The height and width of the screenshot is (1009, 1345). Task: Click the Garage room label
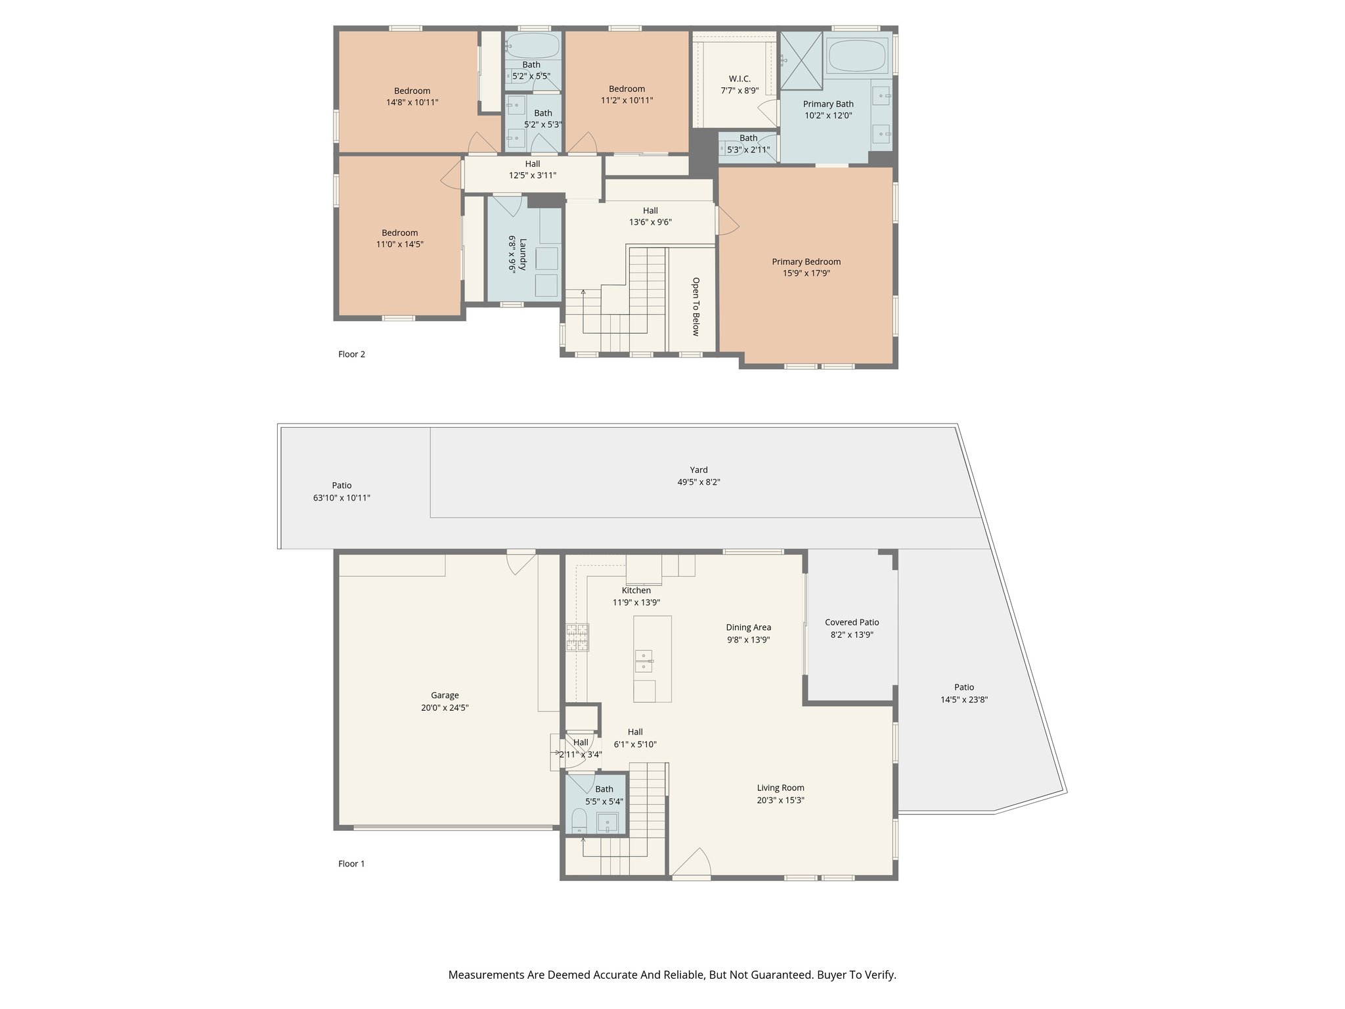pyautogui.click(x=445, y=695)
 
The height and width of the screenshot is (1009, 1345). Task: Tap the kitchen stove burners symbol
pyautogui.click(x=577, y=637)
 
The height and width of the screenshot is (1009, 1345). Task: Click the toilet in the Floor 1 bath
pyautogui.click(x=579, y=820)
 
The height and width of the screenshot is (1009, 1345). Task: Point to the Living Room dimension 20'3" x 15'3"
pyautogui.click(x=780, y=800)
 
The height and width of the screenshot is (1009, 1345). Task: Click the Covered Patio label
pyautogui.click(x=852, y=622)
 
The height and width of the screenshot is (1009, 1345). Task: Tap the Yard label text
pyautogui.click(x=699, y=470)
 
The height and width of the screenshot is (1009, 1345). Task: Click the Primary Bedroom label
pyautogui.click(x=806, y=261)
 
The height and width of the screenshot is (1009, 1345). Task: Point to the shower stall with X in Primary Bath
pyautogui.click(x=801, y=60)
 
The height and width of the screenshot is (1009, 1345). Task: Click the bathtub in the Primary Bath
pyautogui.click(x=857, y=55)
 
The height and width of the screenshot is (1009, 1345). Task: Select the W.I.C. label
pyautogui.click(x=739, y=79)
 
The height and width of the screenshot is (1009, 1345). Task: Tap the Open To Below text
pyautogui.click(x=695, y=306)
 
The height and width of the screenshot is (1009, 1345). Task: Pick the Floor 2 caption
pyautogui.click(x=351, y=354)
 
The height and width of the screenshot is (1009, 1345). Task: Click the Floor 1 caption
pyautogui.click(x=351, y=863)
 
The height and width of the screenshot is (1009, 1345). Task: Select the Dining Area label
pyautogui.click(x=748, y=627)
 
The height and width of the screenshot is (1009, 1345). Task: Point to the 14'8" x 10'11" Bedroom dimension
pyautogui.click(x=412, y=102)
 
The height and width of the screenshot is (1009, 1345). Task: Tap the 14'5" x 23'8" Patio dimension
pyautogui.click(x=964, y=700)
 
